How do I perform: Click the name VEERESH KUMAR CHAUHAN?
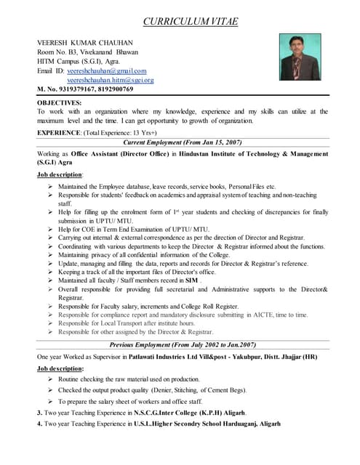coord(86,42)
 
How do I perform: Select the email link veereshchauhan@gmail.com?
coord(106,70)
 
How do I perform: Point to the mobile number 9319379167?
coord(76,89)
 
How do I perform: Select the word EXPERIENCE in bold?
coord(60,133)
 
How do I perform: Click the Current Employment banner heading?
coord(183,142)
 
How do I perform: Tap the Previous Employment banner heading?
coord(183,345)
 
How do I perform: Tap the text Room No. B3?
coord(57,52)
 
